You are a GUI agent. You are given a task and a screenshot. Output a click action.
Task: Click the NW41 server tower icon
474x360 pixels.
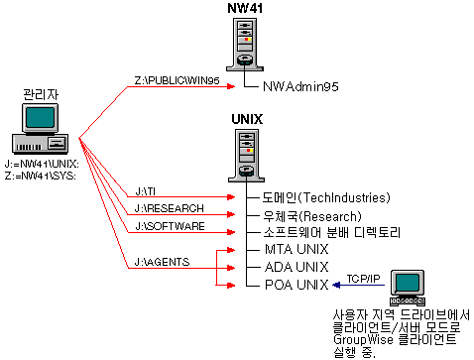click(x=244, y=46)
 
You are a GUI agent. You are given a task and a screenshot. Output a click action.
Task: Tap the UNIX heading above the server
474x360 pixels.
click(x=246, y=119)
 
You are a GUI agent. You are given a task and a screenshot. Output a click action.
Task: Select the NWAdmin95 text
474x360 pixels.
click(x=300, y=87)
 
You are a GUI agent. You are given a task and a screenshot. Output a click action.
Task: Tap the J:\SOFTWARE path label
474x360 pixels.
click(x=170, y=227)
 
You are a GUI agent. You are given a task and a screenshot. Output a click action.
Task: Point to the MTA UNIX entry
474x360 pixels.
click(x=295, y=249)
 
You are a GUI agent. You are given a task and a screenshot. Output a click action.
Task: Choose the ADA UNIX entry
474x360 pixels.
click(x=295, y=267)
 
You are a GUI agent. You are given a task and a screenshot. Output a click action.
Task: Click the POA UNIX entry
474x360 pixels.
click(x=295, y=285)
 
